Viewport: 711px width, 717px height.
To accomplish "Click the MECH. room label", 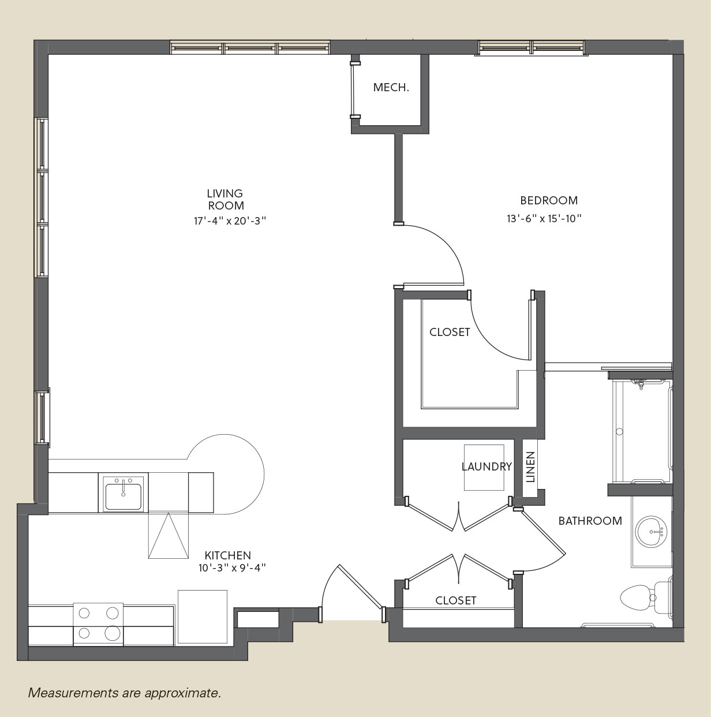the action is point(391,87).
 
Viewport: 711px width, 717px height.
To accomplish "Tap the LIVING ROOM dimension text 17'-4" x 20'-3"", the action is point(230,221).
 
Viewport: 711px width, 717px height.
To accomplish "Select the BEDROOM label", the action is point(549,200).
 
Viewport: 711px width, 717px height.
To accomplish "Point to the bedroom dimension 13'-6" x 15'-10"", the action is point(544,218).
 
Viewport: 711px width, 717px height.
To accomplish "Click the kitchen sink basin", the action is point(123,496).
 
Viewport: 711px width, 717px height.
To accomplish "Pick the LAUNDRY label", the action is point(487,466).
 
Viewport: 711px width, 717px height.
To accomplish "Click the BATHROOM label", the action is point(590,521).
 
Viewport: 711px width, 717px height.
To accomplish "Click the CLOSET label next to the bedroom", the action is point(450,333).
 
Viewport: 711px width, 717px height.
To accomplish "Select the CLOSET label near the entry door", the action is point(455,600).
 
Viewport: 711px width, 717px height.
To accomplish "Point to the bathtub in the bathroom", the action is point(641,432).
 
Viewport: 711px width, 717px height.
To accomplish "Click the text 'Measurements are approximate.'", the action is point(125,693).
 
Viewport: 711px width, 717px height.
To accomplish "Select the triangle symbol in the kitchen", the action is point(168,536).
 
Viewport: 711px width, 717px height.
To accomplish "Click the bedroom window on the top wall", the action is point(532,47).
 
